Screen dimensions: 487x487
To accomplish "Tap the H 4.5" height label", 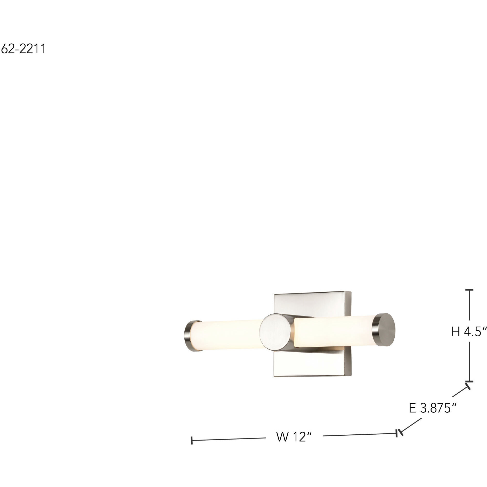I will [469, 332].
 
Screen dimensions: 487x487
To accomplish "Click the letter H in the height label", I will [456, 332].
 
